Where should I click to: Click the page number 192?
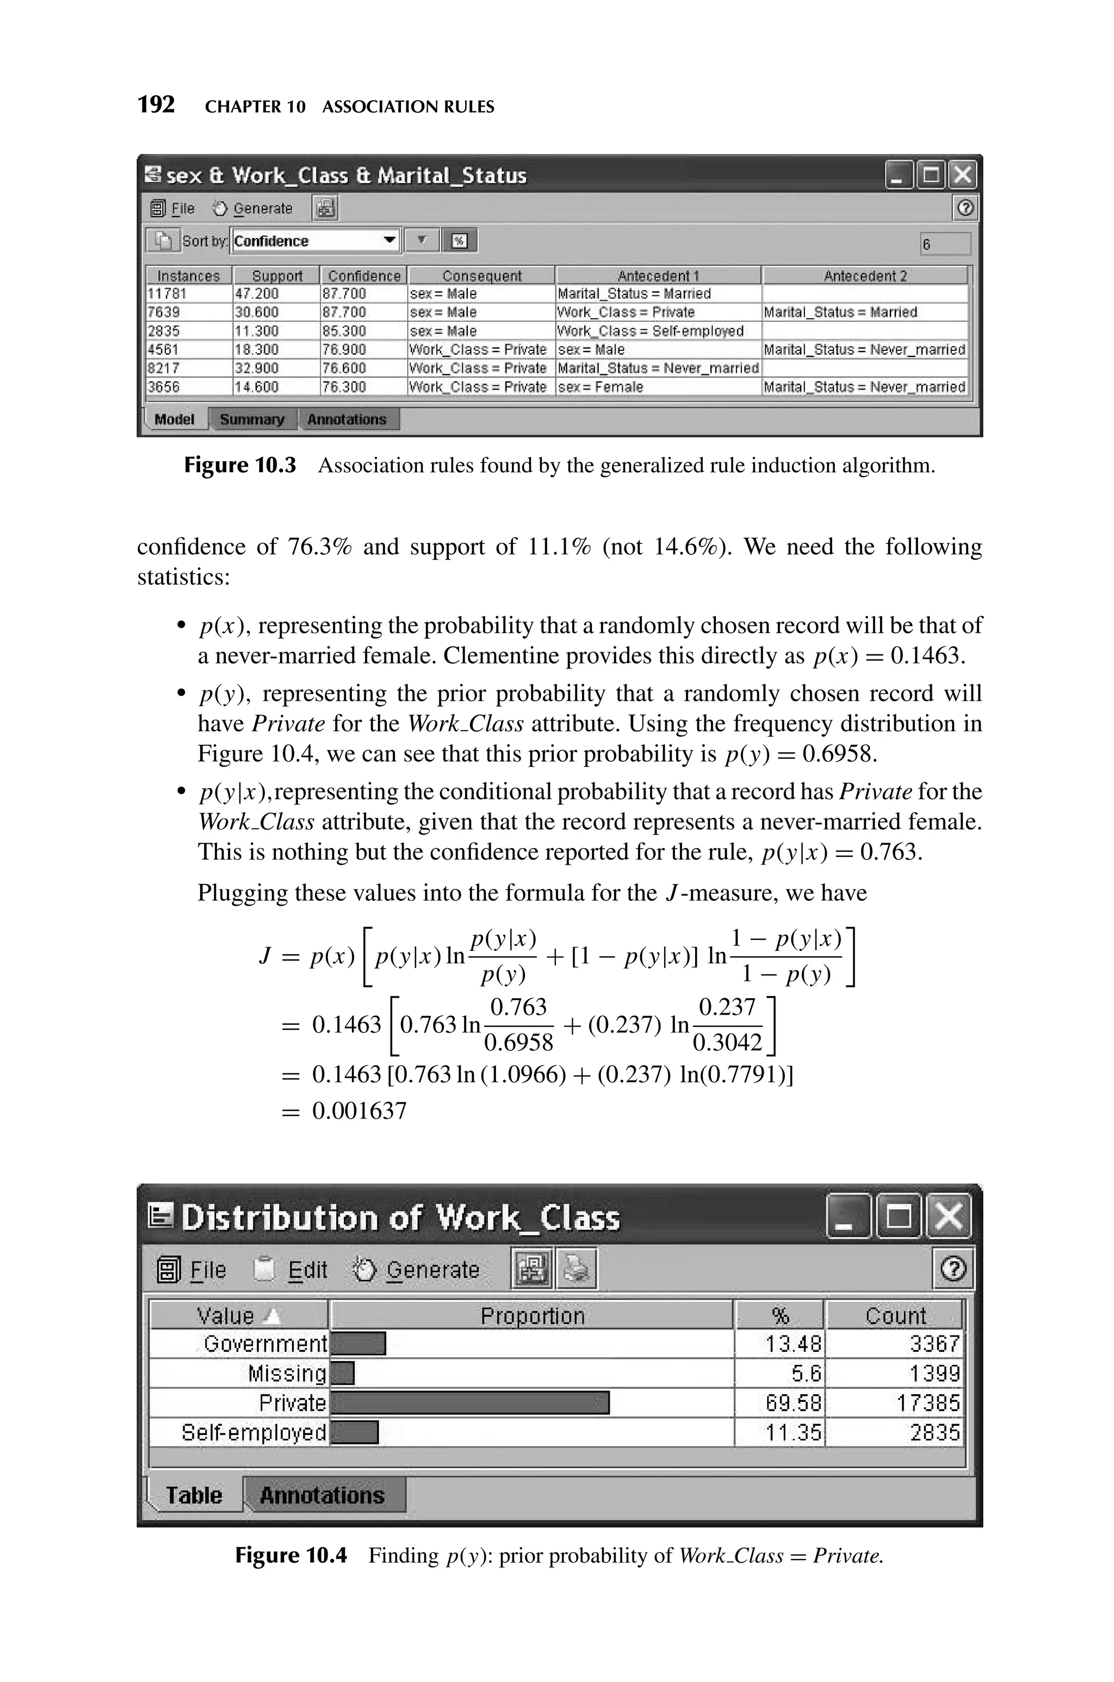(x=156, y=105)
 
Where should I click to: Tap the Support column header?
(x=277, y=276)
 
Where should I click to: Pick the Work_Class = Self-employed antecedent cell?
(x=650, y=331)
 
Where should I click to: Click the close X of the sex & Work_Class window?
(x=963, y=175)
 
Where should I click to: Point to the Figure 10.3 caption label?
(x=239, y=465)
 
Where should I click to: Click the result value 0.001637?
(x=360, y=1110)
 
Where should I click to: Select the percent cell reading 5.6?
(x=806, y=1373)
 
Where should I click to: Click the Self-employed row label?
(x=253, y=1432)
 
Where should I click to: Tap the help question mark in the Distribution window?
(x=953, y=1269)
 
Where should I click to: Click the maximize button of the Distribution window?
(x=898, y=1217)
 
